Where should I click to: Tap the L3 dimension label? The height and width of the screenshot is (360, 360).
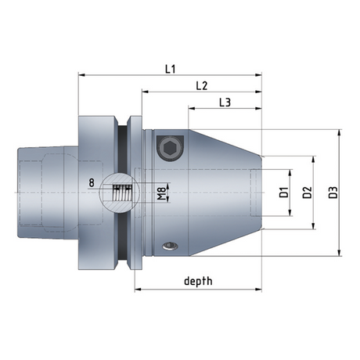[x=224, y=102]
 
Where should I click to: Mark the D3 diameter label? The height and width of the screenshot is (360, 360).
[x=333, y=192]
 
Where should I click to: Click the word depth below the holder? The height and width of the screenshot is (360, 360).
[x=198, y=280]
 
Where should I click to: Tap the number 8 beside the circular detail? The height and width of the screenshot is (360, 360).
[x=92, y=183]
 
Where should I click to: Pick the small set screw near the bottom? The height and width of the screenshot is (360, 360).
[x=169, y=247]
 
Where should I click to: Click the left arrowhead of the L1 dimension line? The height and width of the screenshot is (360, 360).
[x=81, y=76]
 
